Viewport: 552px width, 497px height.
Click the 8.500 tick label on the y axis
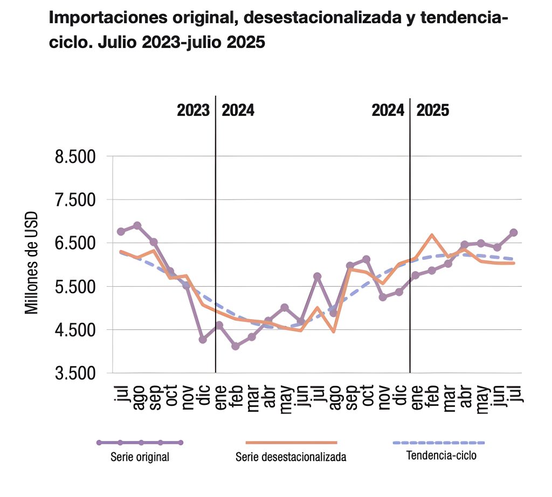click(x=75, y=157)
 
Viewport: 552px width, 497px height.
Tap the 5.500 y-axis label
click(x=75, y=287)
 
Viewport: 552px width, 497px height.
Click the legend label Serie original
click(x=140, y=458)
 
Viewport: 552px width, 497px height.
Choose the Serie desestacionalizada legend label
click(x=291, y=458)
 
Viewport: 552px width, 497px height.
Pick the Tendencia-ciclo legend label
click(x=441, y=455)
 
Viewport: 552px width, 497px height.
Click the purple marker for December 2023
click(x=203, y=340)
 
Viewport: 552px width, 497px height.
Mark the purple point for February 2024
click(x=235, y=346)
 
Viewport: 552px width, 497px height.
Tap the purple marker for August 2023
click(x=137, y=225)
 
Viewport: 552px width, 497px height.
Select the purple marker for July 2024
click(x=318, y=277)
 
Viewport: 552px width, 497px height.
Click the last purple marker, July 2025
click(x=514, y=233)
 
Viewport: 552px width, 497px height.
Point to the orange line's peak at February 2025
click(x=432, y=235)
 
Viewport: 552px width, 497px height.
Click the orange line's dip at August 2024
click(x=334, y=332)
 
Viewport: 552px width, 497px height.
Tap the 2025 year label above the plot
click(x=433, y=111)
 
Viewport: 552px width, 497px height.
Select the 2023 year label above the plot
click(x=193, y=111)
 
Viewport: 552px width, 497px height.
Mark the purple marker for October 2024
click(x=367, y=259)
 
